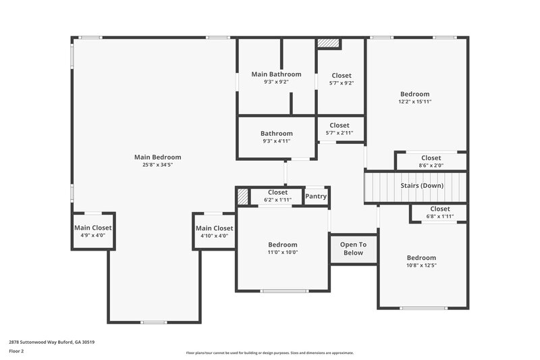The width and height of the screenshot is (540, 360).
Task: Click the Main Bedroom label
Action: tap(157, 157)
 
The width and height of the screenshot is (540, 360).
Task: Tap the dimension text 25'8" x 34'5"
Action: tap(157, 165)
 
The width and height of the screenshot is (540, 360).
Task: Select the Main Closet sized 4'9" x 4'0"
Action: tap(93, 232)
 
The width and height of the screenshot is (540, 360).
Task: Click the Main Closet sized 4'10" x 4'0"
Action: tap(215, 232)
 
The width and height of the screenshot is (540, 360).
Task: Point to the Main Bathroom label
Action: tap(276, 74)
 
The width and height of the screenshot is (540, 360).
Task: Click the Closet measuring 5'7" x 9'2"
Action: tap(341, 79)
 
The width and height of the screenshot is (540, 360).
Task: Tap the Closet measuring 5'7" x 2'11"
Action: tap(340, 128)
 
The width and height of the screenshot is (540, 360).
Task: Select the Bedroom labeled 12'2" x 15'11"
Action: tap(414, 97)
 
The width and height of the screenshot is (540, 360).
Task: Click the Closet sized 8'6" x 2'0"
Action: tap(431, 161)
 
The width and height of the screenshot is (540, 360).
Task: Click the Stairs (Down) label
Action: tap(422, 186)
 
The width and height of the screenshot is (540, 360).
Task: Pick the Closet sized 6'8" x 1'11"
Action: tap(439, 213)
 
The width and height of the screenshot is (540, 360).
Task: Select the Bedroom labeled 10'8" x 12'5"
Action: tap(421, 261)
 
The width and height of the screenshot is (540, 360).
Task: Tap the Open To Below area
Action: tap(353, 249)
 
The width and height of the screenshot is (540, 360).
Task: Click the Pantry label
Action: tap(316, 197)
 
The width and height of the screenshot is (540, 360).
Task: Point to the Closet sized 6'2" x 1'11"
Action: tap(277, 196)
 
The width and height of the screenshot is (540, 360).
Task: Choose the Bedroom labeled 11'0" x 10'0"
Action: tap(282, 248)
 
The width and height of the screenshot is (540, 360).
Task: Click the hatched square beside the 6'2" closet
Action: tap(242, 197)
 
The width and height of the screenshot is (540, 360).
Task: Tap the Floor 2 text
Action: tap(16, 351)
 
